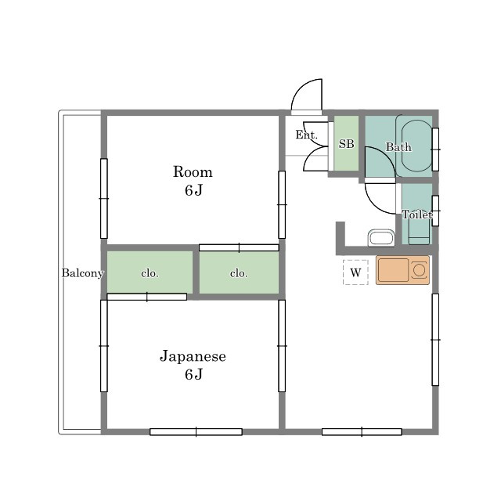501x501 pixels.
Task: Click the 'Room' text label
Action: click(193, 172)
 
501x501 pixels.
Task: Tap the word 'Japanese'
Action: click(193, 356)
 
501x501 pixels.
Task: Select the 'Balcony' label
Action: click(82, 273)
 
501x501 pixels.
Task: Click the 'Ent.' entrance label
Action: click(306, 135)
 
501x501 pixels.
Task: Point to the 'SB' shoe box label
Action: click(346, 144)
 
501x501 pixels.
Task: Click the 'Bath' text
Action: click(398, 147)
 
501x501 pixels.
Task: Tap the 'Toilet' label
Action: click(417, 214)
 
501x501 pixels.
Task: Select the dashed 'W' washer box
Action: click(355, 272)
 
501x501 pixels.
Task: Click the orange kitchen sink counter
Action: click(402, 270)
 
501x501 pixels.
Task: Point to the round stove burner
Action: click(419, 270)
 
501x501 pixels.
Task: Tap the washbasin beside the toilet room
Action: click(381, 238)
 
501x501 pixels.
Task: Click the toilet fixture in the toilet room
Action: click(419, 231)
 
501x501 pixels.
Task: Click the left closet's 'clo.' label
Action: click(150, 273)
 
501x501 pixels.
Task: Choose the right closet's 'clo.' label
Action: click(239, 273)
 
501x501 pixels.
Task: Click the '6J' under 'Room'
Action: click(193, 190)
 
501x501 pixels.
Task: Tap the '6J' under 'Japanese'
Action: click(193, 374)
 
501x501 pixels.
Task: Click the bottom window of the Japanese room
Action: click(196, 431)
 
